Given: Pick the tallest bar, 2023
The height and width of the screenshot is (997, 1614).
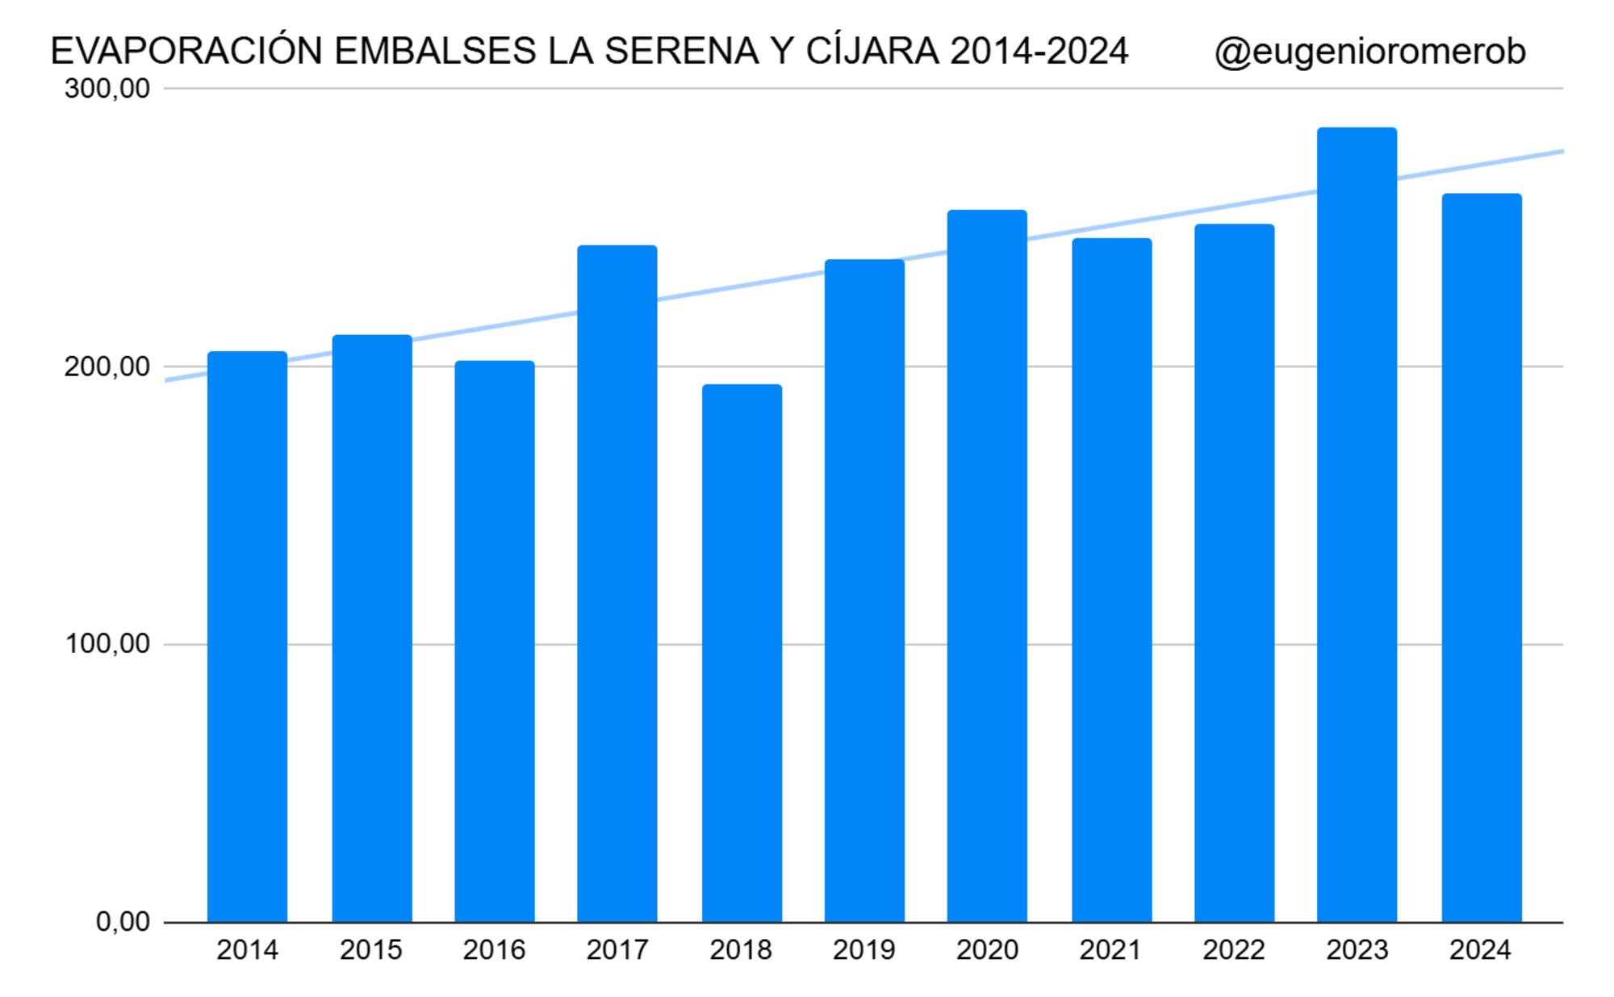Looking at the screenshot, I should (x=1357, y=525).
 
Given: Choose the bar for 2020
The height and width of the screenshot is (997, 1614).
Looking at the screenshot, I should (x=987, y=565).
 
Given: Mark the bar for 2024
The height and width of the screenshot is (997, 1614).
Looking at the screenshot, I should (x=1482, y=557).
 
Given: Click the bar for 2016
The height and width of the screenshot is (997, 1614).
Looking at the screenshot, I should (x=495, y=641).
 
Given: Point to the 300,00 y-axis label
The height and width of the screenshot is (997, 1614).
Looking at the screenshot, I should (x=107, y=88).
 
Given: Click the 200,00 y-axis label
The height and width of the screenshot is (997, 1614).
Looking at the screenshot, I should (x=107, y=367).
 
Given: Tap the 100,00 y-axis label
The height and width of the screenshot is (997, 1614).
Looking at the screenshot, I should (x=107, y=644).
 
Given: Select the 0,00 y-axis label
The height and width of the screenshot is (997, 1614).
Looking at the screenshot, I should (x=123, y=921).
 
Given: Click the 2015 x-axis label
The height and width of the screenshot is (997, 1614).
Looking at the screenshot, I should (x=371, y=950).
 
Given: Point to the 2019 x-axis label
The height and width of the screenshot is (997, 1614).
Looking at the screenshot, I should (x=864, y=950).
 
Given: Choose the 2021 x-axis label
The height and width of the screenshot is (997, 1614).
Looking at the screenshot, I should (x=1110, y=950).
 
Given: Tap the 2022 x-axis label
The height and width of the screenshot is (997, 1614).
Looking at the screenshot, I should (x=1234, y=950).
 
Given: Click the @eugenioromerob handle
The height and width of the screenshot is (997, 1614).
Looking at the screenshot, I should (x=1369, y=52).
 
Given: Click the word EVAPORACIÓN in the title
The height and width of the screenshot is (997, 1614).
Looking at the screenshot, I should (x=186, y=50).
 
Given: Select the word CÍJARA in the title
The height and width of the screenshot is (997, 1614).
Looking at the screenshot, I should (x=872, y=51).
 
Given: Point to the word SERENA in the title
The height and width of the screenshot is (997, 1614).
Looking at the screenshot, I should (x=682, y=52).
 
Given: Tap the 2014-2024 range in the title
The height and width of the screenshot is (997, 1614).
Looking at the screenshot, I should (x=1039, y=52).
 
